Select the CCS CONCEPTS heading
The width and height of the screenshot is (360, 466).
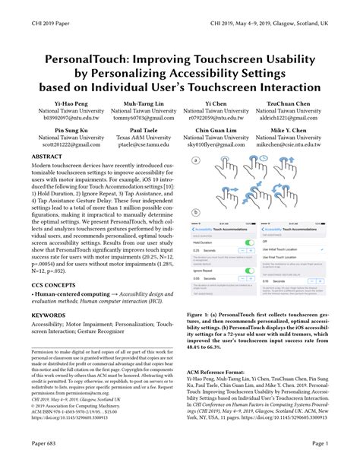coord(55,283)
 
